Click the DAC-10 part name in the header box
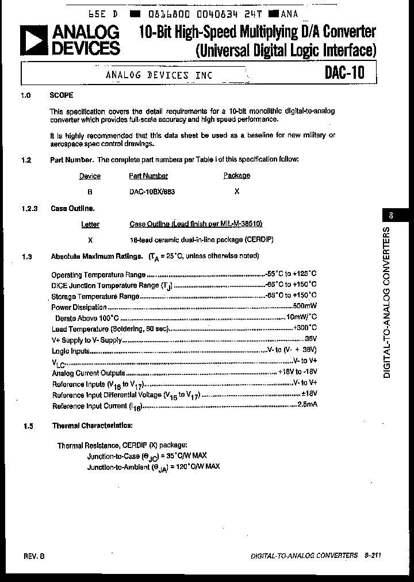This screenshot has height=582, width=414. [x=344, y=73]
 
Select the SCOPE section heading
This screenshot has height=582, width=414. [x=62, y=95]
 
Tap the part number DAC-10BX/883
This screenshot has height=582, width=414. [x=152, y=192]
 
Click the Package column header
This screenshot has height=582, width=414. [x=236, y=176]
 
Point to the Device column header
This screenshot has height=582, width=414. [x=90, y=177]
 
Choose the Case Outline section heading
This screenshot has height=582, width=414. [x=73, y=209]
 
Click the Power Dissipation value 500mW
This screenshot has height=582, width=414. [x=305, y=307]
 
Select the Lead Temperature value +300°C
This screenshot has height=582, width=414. [x=305, y=328]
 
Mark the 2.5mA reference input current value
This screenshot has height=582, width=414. [x=306, y=405]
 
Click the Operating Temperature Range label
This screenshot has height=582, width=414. [x=98, y=275]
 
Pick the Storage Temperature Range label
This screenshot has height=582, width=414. [x=95, y=297]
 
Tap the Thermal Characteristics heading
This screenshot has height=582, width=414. [x=93, y=426]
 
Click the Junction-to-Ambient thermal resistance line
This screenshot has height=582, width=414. [x=154, y=467]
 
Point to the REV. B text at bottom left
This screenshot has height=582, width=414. [x=34, y=556]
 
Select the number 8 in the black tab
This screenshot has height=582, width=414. [x=391, y=216]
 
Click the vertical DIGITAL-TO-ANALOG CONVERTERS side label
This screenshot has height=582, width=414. [x=386, y=303]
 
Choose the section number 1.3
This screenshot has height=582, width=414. [x=27, y=256]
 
